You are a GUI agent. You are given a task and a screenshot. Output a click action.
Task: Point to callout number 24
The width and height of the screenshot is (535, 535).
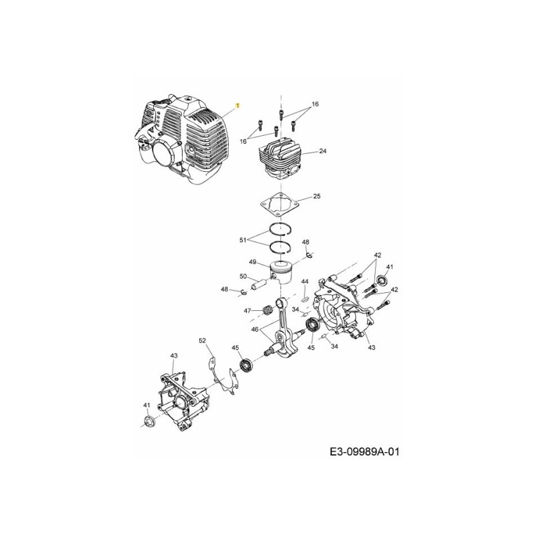point(322,152)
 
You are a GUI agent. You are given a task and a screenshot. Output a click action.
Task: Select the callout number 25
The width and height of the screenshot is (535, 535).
point(317,197)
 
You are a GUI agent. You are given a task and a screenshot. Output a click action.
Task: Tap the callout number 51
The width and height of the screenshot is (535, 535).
point(243,239)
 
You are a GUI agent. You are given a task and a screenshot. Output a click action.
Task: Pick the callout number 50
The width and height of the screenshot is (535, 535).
point(243,276)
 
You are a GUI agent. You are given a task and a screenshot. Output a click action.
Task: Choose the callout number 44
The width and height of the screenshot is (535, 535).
point(304,282)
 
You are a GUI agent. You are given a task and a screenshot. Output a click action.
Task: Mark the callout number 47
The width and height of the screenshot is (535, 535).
point(247,311)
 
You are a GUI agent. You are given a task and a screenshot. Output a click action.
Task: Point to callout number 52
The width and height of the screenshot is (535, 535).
point(202,341)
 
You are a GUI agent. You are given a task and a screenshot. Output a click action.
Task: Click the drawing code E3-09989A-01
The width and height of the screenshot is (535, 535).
point(364,452)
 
